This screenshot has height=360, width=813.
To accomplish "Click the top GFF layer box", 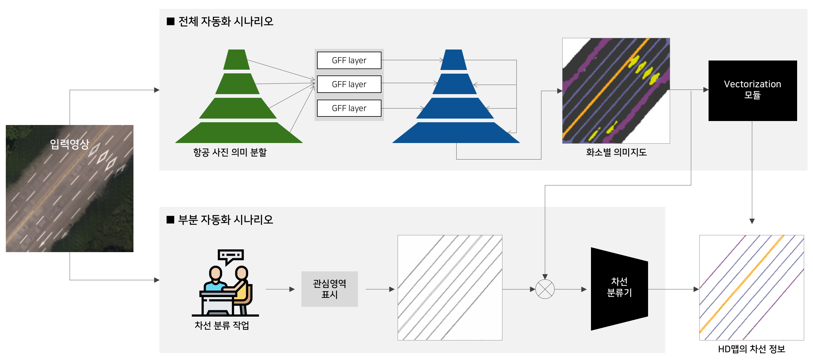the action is [349, 60].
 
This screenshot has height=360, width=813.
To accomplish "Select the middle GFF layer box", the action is [349, 84].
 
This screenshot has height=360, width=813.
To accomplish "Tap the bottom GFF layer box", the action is [349, 108].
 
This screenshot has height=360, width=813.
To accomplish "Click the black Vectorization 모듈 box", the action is [753, 91].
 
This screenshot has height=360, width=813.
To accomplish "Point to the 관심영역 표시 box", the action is [330, 289].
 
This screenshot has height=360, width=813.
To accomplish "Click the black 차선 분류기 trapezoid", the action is [619, 289].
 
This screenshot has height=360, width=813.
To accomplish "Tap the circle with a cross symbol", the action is [545, 289].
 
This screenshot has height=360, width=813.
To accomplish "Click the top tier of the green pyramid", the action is [236, 59].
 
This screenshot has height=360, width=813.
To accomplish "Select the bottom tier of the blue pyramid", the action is [456, 133].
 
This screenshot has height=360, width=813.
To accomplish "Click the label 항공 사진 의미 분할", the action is [230, 152].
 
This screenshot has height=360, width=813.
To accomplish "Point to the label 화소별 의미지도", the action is [616, 152].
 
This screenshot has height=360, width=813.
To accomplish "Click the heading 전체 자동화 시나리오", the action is [226, 21].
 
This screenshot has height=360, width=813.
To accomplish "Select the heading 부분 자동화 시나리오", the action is [225, 220].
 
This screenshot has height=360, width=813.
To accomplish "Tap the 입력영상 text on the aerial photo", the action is [70, 144].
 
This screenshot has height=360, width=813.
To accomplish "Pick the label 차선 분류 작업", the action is [222, 325].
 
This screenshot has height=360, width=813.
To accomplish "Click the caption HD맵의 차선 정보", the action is [751, 349].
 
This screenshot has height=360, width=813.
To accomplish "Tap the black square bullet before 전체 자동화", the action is [170, 21].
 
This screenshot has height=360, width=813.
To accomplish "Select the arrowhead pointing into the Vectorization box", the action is [706, 90].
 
